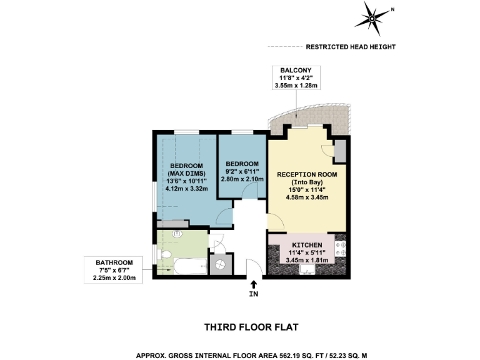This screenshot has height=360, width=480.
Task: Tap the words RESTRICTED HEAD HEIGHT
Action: pos(350,47)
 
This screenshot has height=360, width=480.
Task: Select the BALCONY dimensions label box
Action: pos(296,77)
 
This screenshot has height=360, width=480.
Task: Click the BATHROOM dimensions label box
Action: pos(114,269)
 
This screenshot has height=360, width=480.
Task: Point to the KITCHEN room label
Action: pos(304,244)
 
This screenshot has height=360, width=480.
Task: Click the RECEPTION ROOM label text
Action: pos(307,174)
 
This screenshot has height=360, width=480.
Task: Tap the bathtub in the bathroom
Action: pos(191,267)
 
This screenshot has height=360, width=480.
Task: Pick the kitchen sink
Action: pos(306,269)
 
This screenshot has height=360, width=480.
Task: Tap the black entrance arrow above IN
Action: pos(254,284)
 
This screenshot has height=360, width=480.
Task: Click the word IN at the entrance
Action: pos(254,294)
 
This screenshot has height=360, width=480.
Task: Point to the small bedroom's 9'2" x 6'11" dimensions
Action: pos(242,171)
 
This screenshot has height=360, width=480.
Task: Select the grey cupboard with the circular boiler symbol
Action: pos(221,264)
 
